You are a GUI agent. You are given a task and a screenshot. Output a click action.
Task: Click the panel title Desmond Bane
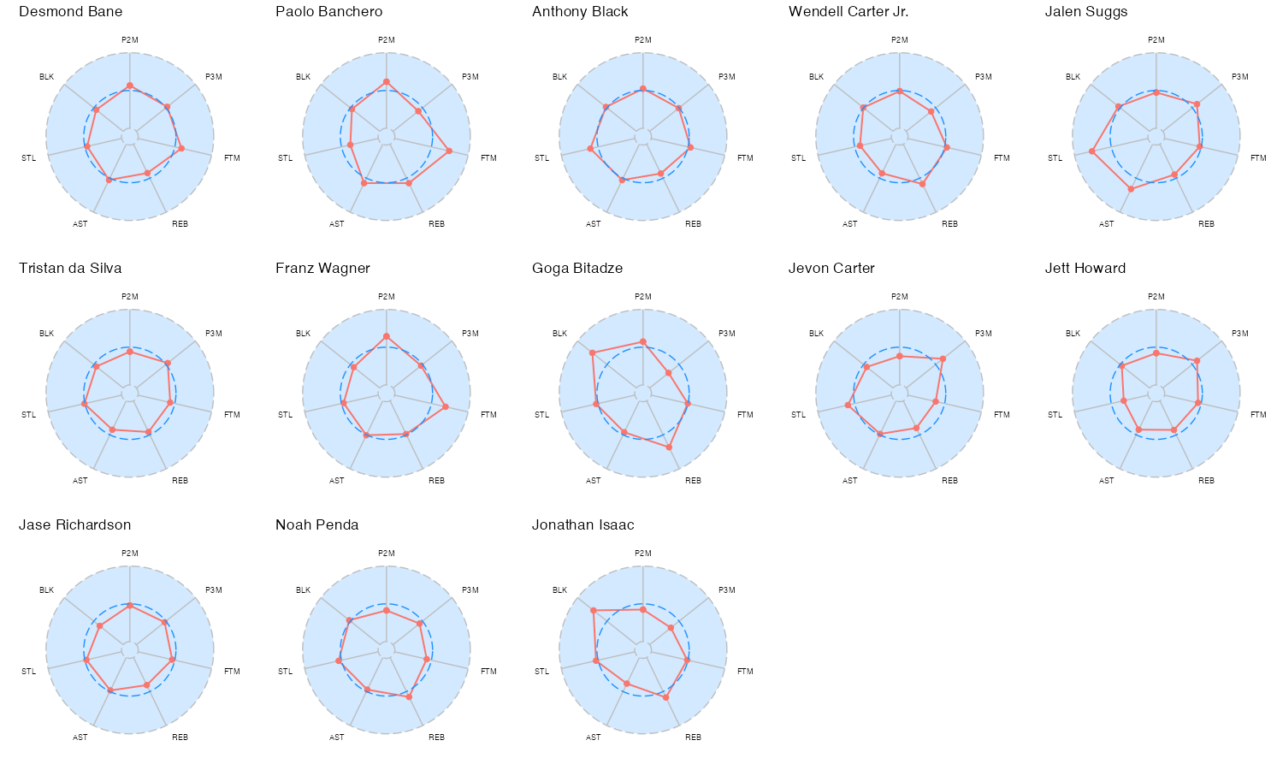[x=70, y=12]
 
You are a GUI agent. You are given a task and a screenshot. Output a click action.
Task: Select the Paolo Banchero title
[x=328, y=12]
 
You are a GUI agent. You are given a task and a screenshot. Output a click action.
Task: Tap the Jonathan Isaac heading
[x=582, y=525]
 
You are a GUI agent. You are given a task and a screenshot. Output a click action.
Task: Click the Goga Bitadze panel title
[x=577, y=269]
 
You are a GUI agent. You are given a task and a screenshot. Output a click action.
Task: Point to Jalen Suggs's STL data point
[x=1092, y=151]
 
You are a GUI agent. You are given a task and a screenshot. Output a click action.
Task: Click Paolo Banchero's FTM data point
[x=450, y=151]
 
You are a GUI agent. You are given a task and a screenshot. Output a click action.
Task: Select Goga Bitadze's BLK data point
[x=592, y=352]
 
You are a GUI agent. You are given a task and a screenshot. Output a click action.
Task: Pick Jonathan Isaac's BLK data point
[x=593, y=610]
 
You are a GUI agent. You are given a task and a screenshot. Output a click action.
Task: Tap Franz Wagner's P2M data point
[x=387, y=336]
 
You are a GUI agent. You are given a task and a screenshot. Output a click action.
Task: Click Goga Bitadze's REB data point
[x=669, y=447]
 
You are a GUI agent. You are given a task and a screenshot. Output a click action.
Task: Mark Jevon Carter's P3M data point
[x=943, y=358]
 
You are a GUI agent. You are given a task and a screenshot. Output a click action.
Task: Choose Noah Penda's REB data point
[x=410, y=697]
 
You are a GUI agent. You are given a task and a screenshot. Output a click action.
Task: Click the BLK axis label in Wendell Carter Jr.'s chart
[x=816, y=77]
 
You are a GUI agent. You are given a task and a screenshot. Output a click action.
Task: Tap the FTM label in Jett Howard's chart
[x=1258, y=415]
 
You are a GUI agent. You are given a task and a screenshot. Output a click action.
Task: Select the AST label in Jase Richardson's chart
[x=80, y=737]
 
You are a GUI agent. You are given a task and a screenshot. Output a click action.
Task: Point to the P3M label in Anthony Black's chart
[x=727, y=77]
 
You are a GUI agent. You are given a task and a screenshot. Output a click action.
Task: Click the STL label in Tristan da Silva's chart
[x=29, y=415]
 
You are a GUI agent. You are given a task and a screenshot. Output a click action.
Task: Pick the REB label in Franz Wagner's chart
[x=436, y=481]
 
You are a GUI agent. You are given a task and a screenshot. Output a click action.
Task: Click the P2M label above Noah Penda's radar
[x=387, y=554]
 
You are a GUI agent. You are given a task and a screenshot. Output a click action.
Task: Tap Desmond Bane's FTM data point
[x=181, y=149]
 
